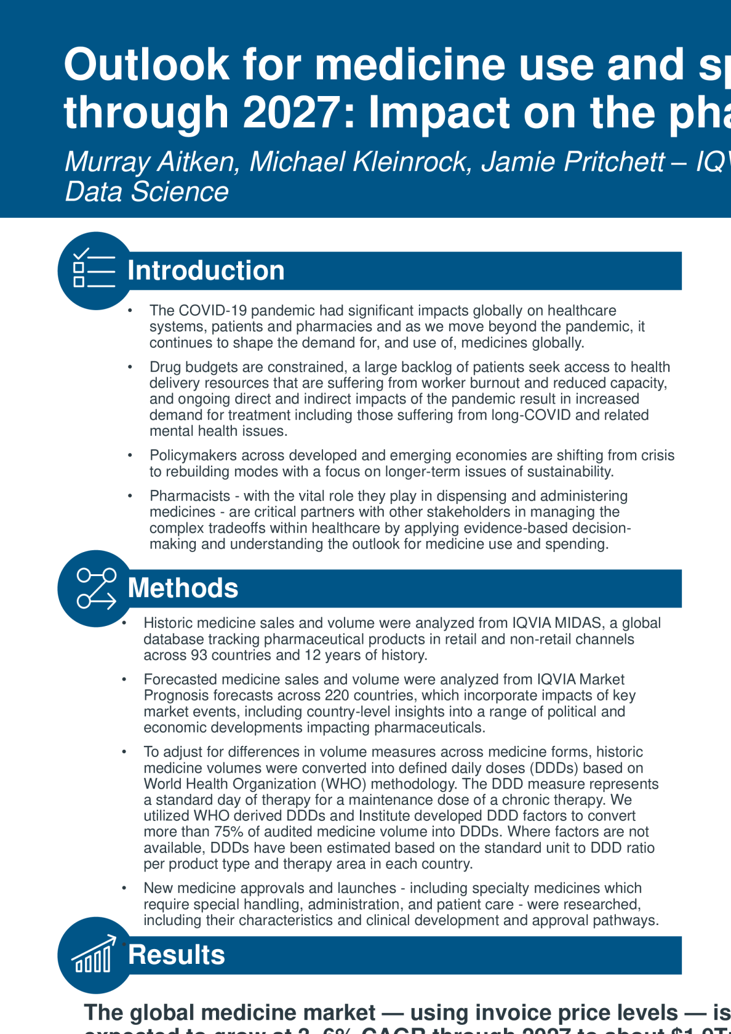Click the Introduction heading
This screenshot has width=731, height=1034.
(206, 271)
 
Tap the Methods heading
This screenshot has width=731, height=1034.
(183, 588)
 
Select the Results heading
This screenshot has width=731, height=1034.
(177, 955)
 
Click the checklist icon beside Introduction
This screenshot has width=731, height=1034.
(94, 270)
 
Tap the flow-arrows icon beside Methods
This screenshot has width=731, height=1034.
(96, 588)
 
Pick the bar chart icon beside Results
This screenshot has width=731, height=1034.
(94, 955)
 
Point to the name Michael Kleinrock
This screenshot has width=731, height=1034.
(361, 162)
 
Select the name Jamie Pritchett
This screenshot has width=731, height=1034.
(572, 162)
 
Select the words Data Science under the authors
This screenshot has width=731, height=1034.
(146, 192)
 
